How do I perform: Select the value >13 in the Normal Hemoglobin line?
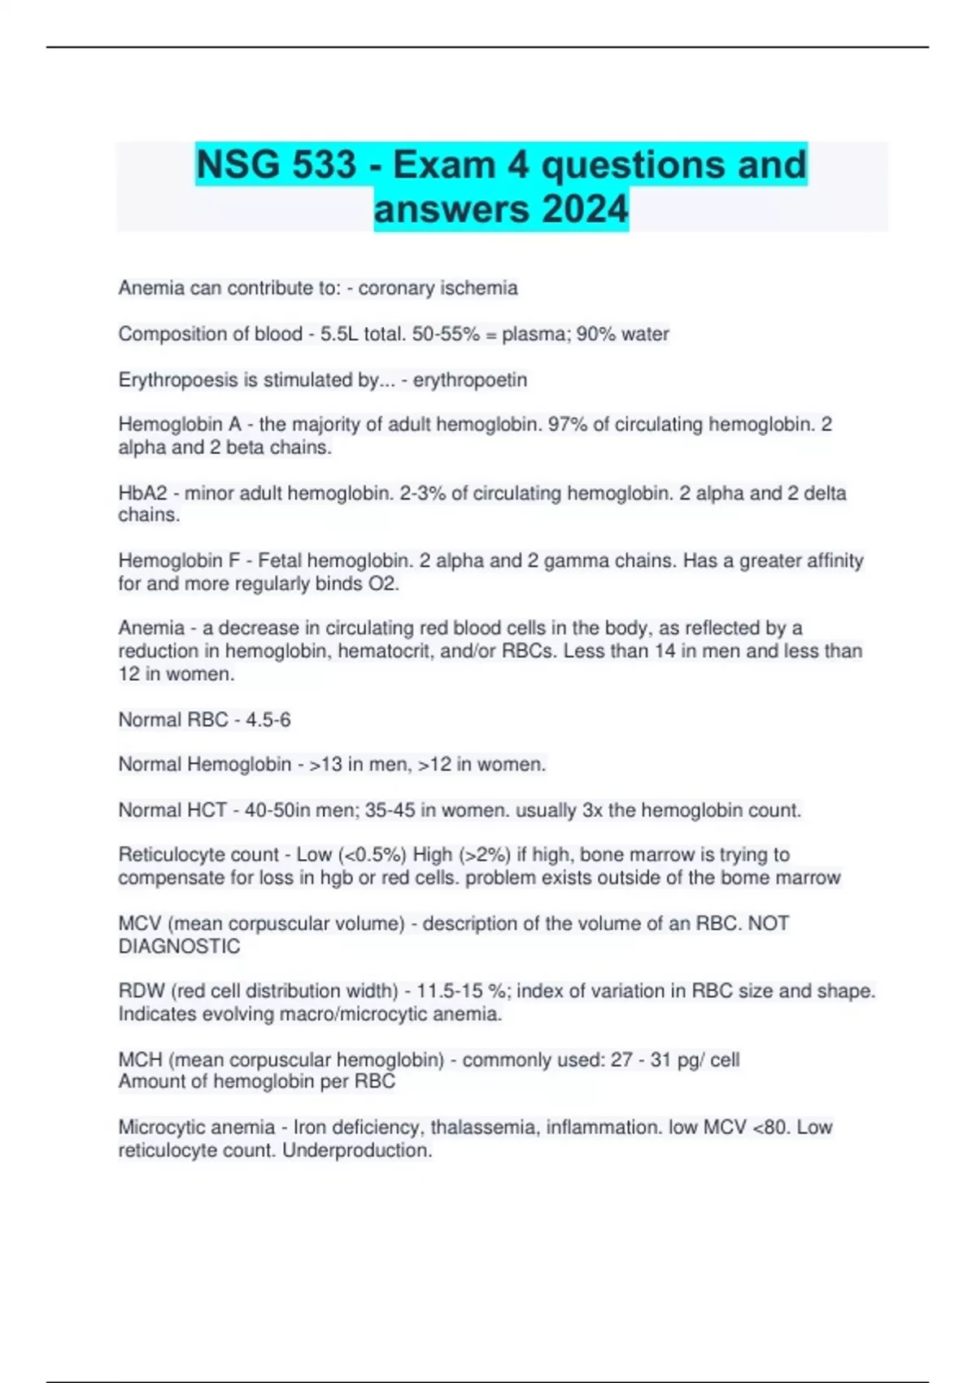click(326, 765)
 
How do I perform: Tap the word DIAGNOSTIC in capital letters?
click(179, 946)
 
